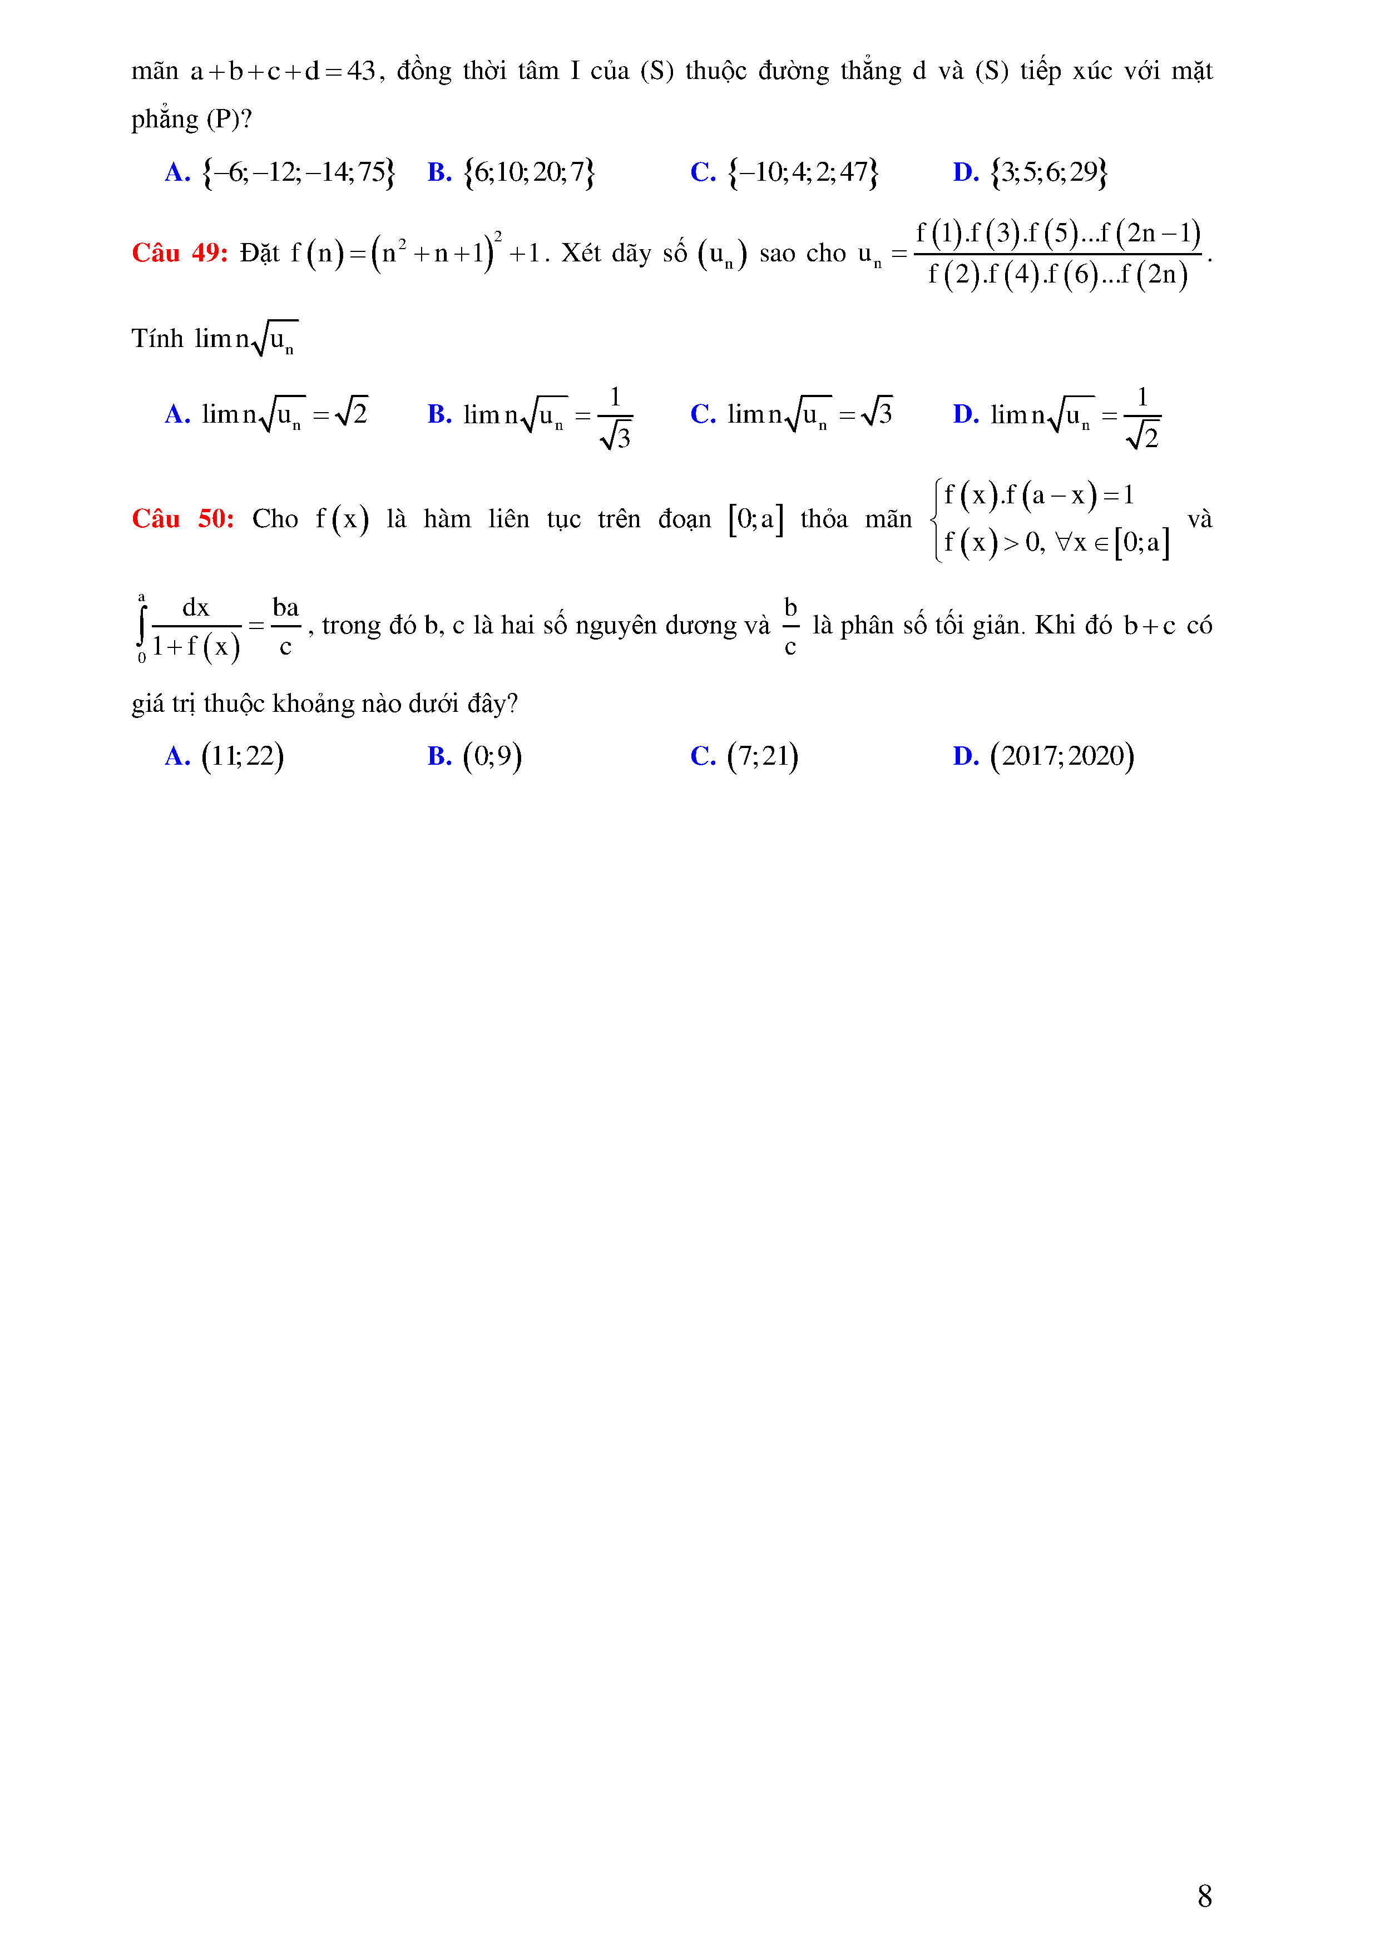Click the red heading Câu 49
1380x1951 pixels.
coord(179,253)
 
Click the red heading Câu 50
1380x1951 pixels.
coord(182,519)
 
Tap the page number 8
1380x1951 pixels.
coord(1204,1896)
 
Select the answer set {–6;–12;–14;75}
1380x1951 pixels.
coord(298,172)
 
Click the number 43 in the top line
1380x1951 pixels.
coord(361,71)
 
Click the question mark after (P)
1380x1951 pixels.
coord(246,119)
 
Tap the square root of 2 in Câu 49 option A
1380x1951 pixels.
coord(352,413)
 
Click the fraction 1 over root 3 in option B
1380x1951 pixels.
coord(615,417)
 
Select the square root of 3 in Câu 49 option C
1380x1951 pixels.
coord(877,413)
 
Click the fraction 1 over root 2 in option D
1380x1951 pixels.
coord(1142,417)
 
